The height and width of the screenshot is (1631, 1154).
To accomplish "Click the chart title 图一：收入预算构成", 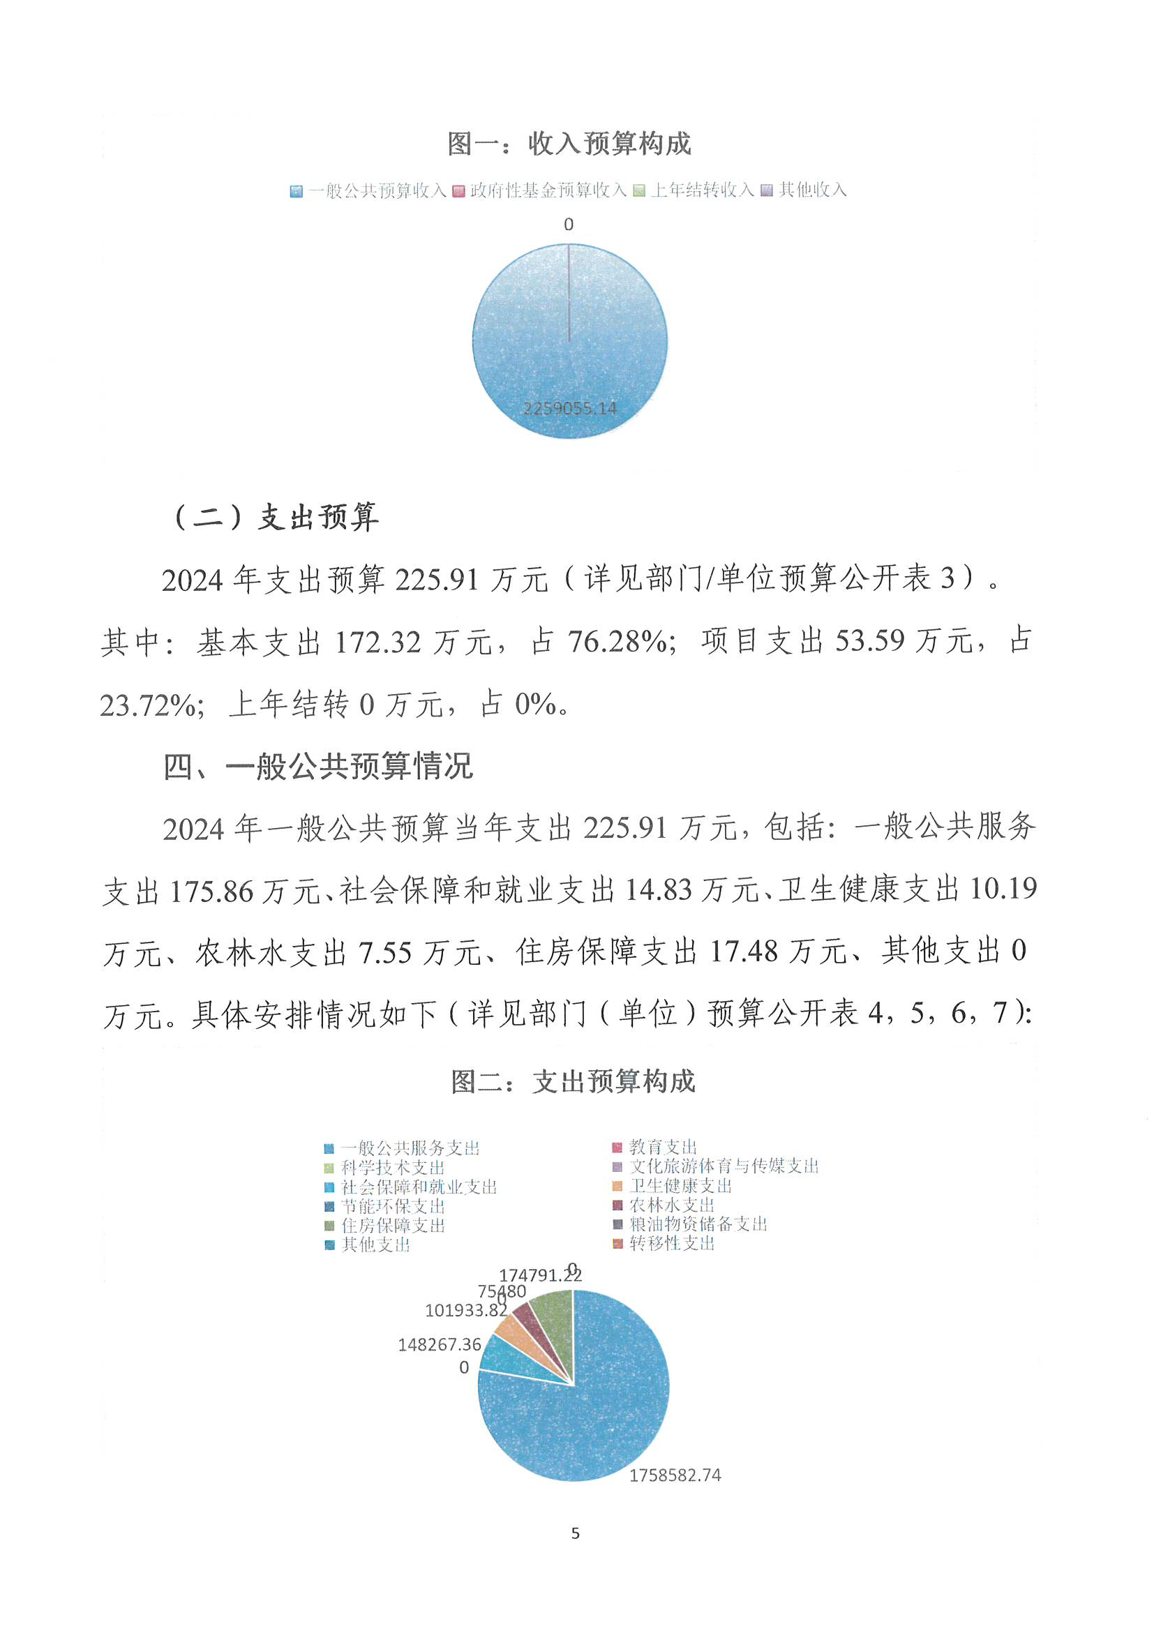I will coord(569,144).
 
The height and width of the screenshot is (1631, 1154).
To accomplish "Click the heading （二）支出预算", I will coord(276,516).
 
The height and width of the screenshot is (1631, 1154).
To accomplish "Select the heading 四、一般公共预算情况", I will coord(318,767).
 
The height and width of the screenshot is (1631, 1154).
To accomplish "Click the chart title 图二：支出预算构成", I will coord(573,1082).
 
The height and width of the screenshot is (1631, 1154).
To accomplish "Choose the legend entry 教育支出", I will coord(662,1148).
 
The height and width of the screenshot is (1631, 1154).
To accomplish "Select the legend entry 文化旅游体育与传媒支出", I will coord(724,1166).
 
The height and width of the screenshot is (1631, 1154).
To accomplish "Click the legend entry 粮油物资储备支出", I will coord(698,1224).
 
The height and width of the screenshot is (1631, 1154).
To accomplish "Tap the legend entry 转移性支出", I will coord(671,1243).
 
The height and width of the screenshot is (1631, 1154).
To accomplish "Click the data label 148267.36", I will coord(439,1345).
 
